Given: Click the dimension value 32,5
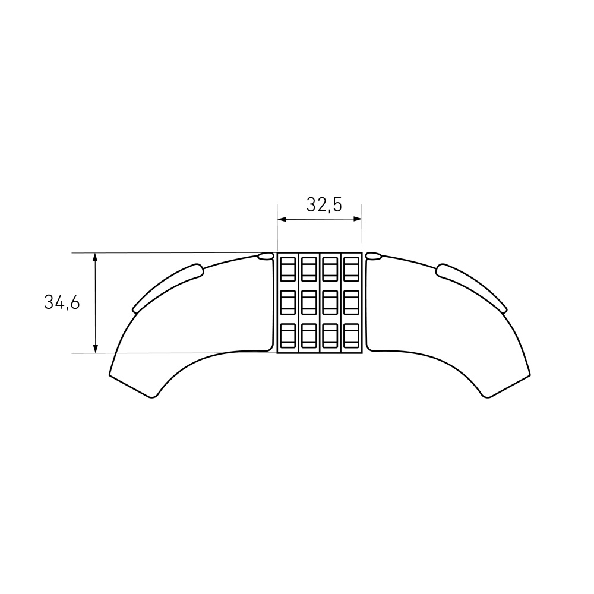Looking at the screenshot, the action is click(x=324, y=205).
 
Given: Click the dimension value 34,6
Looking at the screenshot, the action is click(x=62, y=303).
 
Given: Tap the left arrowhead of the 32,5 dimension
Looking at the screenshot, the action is click(x=282, y=219).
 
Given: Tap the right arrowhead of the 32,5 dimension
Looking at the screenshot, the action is click(x=357, y=219).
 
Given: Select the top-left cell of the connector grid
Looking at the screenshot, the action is click(x=288, y=269).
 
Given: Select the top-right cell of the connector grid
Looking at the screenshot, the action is click(x=351, y=269).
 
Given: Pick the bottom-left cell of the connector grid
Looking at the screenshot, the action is click(x=288, y=336).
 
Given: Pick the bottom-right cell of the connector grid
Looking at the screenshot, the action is click(x=351, y=336).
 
